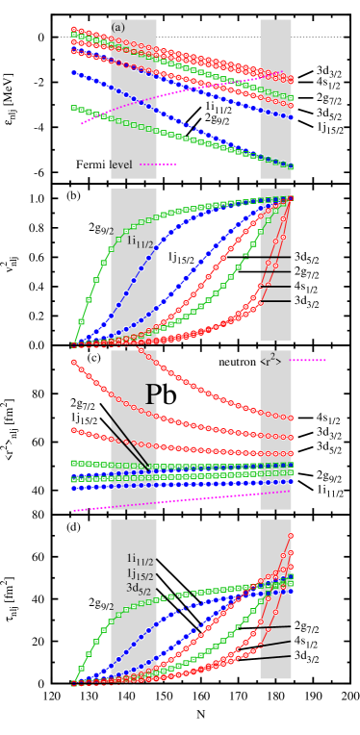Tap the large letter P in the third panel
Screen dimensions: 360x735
152,393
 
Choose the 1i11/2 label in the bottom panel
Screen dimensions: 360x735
143,558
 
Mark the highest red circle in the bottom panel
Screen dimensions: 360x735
291,536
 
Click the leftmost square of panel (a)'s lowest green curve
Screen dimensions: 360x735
74,108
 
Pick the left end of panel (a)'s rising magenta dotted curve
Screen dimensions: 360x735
82,123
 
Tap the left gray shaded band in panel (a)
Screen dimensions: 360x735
134,96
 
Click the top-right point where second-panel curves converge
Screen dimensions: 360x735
291,198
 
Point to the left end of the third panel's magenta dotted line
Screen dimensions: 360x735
74,510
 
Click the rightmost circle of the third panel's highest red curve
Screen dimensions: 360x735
291,418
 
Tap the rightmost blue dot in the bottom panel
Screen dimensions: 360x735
291,591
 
